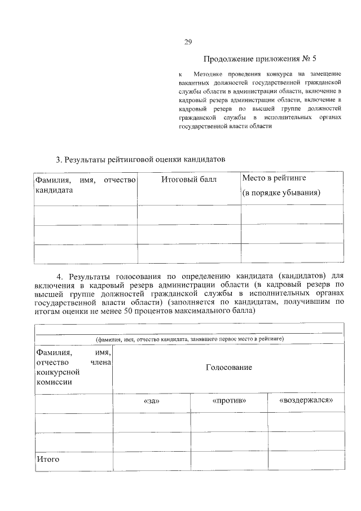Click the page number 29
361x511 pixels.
pyautogui.click(x=188, y=41)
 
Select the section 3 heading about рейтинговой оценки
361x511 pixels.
pyautogui.click(x=140, y=160)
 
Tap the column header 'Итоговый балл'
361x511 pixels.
pyautogui.click(x=188, y=180)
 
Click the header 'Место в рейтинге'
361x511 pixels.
pyautogui.click(x=274, y=178)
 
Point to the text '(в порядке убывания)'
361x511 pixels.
pyautogui.click(x=281, y=193)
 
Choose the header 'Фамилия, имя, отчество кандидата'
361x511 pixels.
pyautogui.click(x=86, y=185)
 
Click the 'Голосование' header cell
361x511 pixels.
pyautogui.click(x=228, y=368)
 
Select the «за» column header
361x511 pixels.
pyautogui.click(x=152, y=401)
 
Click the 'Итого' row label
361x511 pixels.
pyautogui.click(x=49, y=460)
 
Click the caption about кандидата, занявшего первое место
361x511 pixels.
pyautogui.click(x=189, y=339)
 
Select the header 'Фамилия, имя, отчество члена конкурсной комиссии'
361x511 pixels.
pyautogui.click(x=74, y=367)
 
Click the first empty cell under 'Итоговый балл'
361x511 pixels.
pyautogui.click(x=188, y=215)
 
